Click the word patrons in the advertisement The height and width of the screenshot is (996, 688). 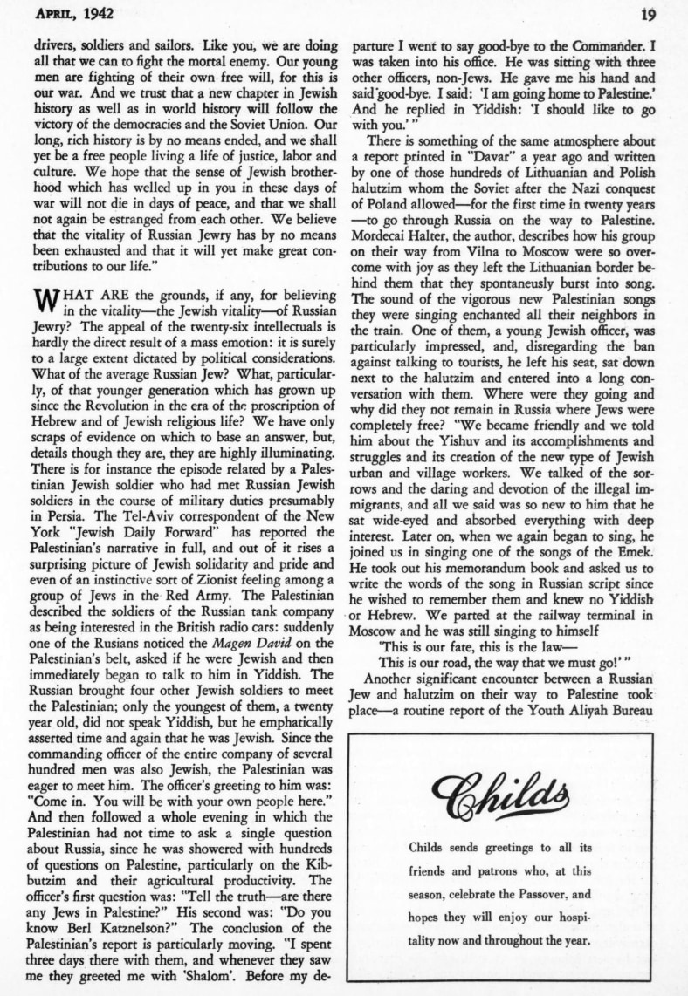click(498, 870)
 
